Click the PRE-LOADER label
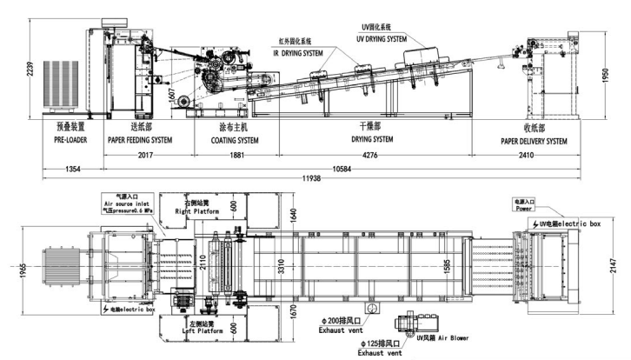(70, 140)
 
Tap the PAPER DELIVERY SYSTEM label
(534, 140)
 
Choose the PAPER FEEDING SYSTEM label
(139, 140)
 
